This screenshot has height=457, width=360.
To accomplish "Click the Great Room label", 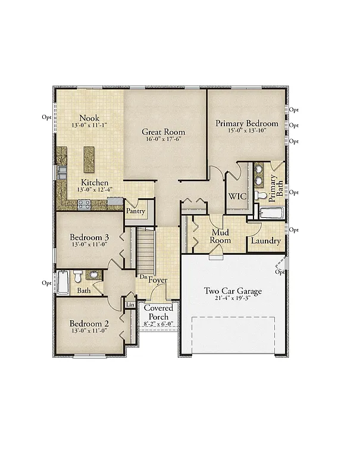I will point(163,132).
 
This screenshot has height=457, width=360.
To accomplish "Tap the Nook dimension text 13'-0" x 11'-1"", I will point(89,127).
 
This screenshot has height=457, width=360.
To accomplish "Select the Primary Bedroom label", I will point(246,123).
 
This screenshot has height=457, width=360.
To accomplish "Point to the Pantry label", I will point(135,211).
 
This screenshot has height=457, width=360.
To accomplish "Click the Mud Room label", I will point(220,236).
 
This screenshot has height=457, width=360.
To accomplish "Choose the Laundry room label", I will point(265,241).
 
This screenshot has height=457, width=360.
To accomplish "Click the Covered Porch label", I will point(159,312).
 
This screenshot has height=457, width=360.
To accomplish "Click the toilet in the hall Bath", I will point(77,277).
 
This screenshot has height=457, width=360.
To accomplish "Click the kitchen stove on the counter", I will point(84,204).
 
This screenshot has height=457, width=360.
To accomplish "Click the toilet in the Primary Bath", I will point(261,195).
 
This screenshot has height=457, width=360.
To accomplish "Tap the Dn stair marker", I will point(143,277).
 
